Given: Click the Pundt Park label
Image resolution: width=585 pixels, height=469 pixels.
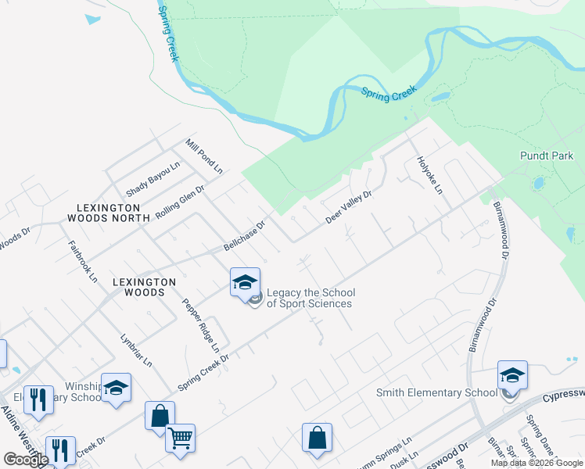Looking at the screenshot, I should tap(547, 156).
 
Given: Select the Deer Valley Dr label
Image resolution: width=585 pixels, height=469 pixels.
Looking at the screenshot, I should tap(348, 208).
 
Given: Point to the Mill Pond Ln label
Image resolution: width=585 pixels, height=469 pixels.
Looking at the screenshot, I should tap(204, 156).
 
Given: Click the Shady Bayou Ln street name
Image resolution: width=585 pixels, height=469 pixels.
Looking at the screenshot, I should tap(153, 179).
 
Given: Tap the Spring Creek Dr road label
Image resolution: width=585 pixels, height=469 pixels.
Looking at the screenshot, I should tap(203, 371).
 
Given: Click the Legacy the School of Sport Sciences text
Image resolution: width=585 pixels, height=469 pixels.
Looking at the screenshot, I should tap(310, 298).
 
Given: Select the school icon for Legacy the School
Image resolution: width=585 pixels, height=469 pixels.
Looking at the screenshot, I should tap(245, 282).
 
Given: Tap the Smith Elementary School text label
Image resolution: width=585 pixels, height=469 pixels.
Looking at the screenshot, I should tap(436, 392).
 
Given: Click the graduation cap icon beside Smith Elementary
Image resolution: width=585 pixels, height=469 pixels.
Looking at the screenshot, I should tap(512, 375).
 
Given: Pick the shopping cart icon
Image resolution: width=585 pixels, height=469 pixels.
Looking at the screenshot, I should tap(181, 438).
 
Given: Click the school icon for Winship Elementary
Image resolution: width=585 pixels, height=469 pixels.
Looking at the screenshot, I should tap(116, 388).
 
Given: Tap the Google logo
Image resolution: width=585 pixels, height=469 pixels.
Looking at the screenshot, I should tap(26, 460).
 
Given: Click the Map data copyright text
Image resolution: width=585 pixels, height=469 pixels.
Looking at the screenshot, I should tap(537, 463).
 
